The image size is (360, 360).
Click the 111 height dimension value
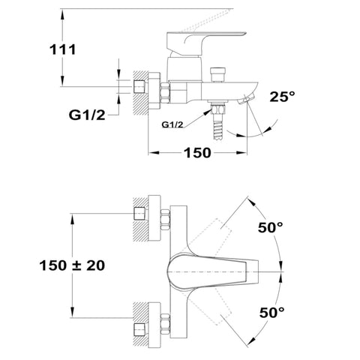pyautogui.click(x=63, y=49)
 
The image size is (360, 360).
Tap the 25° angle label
pyautogui.click(x=282, y=97)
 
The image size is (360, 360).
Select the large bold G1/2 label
pyautogui.click(x=87, y=115)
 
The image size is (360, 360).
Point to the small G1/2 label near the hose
pyautogui.click(x=172, y=124)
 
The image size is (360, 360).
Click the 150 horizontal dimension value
pyautogui.click(x=197, y=152)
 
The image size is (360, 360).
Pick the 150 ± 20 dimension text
pyautogui.click(x=72, y=265)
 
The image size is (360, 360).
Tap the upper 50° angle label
pyautogui.click(x=270, y=227)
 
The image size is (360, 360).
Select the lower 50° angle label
pyautogui.click(x=271, y=313)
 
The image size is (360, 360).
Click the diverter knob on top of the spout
pyautogui.click(x=217, y=74)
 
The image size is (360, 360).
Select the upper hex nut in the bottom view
pyautogui.click(x=165, y=220)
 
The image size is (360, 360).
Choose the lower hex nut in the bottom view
pyautogui.click(x=165, y=324)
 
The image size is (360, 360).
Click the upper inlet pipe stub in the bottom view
pyautogui.click(x=139, y=214)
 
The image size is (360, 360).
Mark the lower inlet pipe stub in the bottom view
pyautogui.click(x=139, y=330)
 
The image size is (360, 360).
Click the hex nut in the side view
pyautogui.click(x=165, y=93)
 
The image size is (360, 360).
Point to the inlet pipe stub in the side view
pyautogui.click(x=139, y=86)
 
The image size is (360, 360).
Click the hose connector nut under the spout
pyautogui.click(x=218, y=109)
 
